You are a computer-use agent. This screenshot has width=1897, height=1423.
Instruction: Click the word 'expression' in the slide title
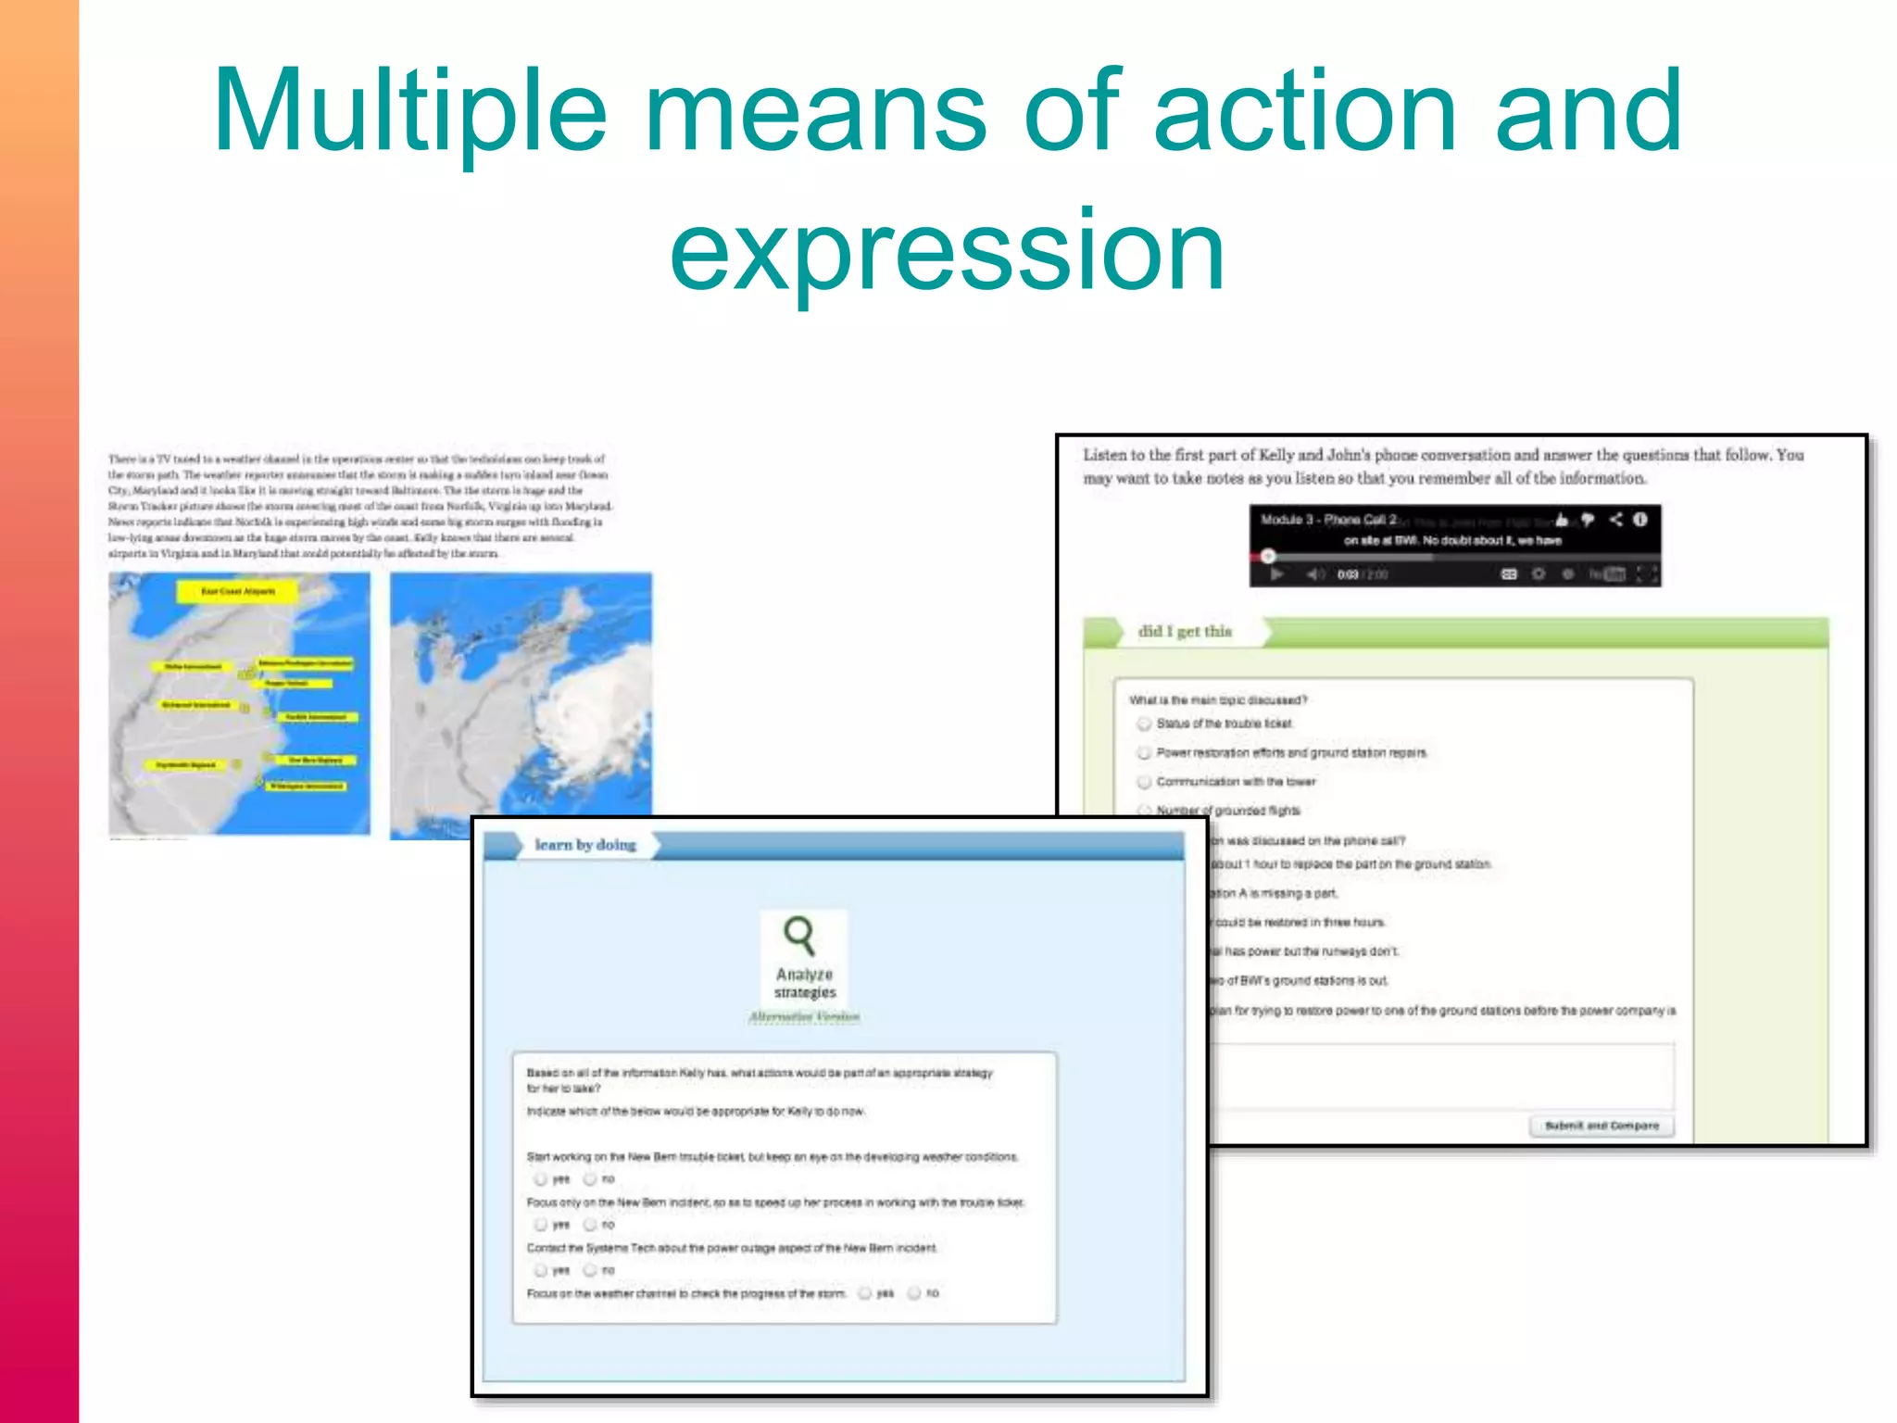947,250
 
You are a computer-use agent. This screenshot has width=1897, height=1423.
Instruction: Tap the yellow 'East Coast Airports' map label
238,591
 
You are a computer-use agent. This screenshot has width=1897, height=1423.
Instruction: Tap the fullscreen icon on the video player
1646,574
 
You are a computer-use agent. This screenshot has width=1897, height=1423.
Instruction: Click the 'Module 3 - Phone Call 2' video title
1327,520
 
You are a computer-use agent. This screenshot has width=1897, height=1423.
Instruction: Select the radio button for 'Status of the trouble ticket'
1145,724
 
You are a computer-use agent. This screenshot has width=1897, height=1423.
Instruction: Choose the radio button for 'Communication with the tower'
1145,782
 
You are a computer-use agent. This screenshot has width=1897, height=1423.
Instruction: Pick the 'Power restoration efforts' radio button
1145,753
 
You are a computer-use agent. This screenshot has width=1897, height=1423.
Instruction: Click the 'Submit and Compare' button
1601,1126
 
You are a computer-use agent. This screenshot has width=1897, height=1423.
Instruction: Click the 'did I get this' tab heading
1185,632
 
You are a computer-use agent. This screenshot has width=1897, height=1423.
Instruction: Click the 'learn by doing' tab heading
585,845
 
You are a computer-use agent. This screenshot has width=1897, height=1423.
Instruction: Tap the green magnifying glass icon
799,935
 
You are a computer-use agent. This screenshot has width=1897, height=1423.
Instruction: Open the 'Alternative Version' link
804,1017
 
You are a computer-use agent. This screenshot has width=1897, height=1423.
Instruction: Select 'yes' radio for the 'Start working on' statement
540,1179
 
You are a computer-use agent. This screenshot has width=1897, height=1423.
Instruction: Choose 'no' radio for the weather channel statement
914,1293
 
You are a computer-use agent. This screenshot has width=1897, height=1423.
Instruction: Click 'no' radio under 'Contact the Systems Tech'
590,1270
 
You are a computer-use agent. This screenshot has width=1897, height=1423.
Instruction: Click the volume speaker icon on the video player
1314,574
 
